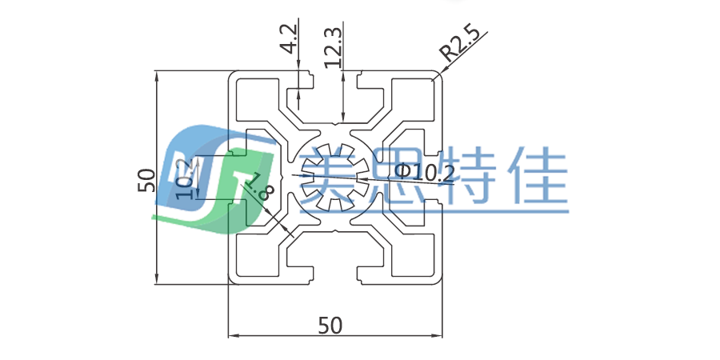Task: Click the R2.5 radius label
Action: (460, 47)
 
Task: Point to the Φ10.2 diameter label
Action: (425, 172)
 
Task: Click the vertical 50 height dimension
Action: (146, 179)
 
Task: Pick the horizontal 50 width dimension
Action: (330, 326)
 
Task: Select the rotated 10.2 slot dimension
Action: (185, 178)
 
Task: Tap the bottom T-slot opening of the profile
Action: (335, 276)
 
